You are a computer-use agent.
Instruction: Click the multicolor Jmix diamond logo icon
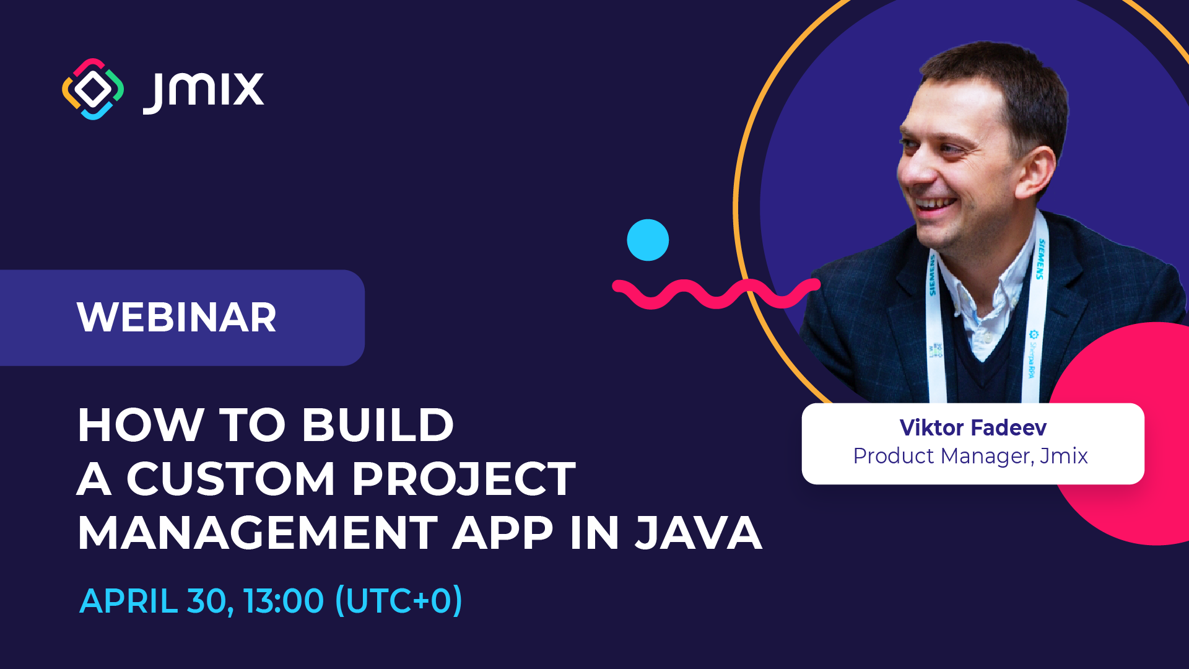click(x=93, y=89)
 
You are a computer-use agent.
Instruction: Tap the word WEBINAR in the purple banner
click(x=176, y=318)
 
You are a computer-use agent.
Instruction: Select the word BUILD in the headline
click(x=378, y=426)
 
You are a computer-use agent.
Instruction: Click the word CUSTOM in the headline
click(x=231, y=479)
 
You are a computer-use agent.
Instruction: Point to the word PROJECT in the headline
click(x=464, y=479)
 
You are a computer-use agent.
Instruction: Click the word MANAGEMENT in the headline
click(x=258, y=533)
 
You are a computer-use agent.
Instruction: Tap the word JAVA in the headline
click(x=699, y=533)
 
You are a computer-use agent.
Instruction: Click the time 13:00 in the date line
click(x=283, y=601)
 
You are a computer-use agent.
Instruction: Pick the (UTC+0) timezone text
click(x=398, y=601)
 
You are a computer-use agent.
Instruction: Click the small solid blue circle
click(x=648, y=240)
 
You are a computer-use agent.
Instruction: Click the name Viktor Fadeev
click(x=973, y=427)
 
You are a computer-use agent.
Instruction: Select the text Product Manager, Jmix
click(x=970, y=457)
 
